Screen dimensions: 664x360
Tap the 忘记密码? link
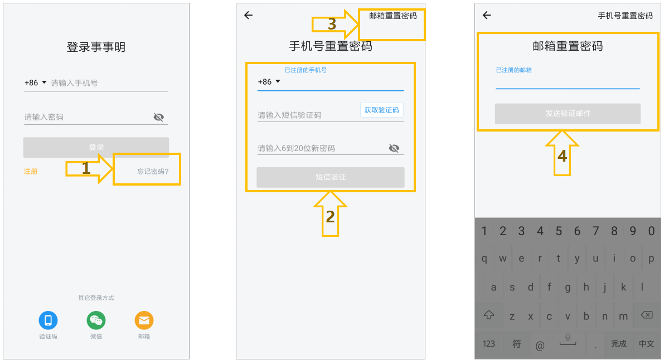pyautogui.click(x=153, y=172)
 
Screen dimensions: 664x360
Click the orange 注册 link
pyautogui.click(x=31, y=172)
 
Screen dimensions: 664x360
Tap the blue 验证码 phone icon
pyautogui.click(x=49, y=320)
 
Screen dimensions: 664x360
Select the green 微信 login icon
pyautogui.click(x=96, y=320)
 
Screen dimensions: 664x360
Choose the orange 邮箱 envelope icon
pyautogui.click(x=144, y=320)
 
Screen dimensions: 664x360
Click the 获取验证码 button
pyautogui.click(x=381, y=110)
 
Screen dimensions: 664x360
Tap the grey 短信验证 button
pyautogui.click(x=330, y=177)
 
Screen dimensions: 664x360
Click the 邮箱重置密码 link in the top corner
pyautogui.click(x=393, y=16)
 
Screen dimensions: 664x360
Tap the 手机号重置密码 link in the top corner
pyautogui.click(x=625, y=16)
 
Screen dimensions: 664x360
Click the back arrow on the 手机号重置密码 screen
pyautogui.click(x=248, y=15)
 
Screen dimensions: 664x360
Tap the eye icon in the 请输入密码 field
pyautogui.click(x=159, y=117)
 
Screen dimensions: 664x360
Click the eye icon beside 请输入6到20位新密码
pyautogui.click(x=394, y=148)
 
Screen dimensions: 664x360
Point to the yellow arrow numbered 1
pyautogui.click(x=89, y=168)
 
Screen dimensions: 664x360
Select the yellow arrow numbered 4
pyautogui.click(x=562, y=153)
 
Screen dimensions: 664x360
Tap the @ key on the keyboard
pyautogui.click(x=540, y=345)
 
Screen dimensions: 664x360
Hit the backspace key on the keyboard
pyautogui.click(x=647, y=315)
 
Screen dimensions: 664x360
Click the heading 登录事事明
pyautogui.click(x=96, y=47)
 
